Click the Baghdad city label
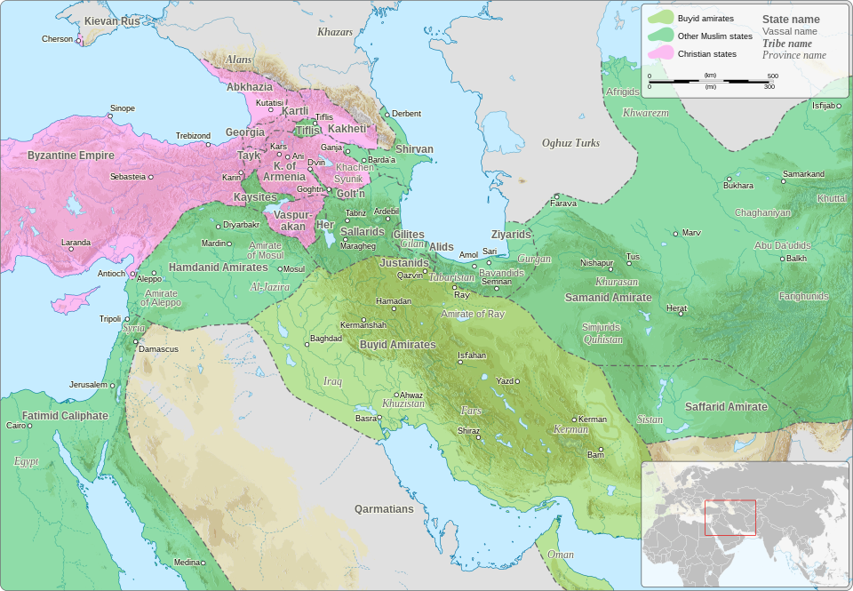pyautogui.click(x=325, y=339)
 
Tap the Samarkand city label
pyautogui.click(x=803, y=173)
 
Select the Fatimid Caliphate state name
pyautogui.click(x=65, y=415)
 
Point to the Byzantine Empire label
pyautogui.click(x=71, y=156)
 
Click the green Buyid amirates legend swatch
pyautogui.click(x=660, y=17)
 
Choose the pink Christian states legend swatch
pyautogui.click(x=660, y=54)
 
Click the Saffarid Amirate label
pyautogui.click(x=726, y=406)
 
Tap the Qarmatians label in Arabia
pyautogui.click(x=384, y=509)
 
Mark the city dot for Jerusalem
pyautogui.click(x=114, y=385)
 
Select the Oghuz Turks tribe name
pyautogui.click(x=570, y=143)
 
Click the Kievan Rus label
pyautogui.click(x=112, y=20)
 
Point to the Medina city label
pyautogui.click(x=187, y=562)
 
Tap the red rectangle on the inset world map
pyautogui.click(x=729, y=517)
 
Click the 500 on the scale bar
pyautogui.click(x=772, y=76)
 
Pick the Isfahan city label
pyautogui.click(x=472, y=355)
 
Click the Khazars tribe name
pyautogui.click(x=335, y=32)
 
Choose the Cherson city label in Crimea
pyautogui.click(x=57, y=39)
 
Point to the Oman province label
pyautogui.click(x=560, y=554)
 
